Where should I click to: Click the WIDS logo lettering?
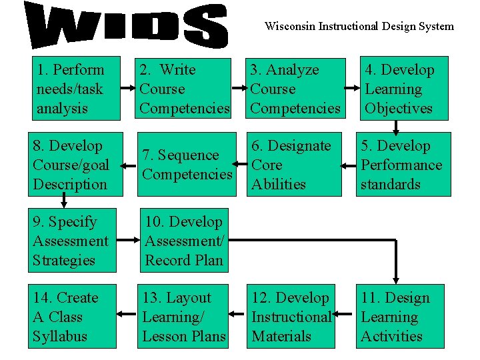tap(127, 26)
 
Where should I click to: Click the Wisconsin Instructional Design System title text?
tap(359, 27)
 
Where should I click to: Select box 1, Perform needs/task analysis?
tap(76, 89)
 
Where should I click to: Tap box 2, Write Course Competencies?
tap(184, 89)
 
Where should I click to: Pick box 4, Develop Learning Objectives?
tap(404, 89)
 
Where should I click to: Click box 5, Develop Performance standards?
tap(404, 165)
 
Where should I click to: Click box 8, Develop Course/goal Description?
tap(76, 165)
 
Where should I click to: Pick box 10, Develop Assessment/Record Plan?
tap(184, 241)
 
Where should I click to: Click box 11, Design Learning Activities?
tap(404, 317)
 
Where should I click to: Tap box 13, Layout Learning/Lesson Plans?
tap(184, 317)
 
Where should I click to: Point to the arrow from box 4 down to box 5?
tap(396, 127)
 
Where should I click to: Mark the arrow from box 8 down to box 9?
tap(64, 202)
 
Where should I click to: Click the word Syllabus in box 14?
tap(60, 336)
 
